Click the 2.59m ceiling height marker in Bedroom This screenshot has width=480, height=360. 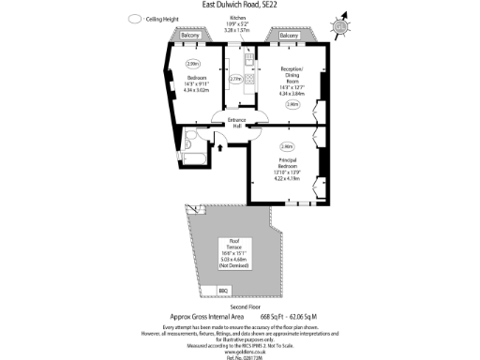pos(192,63)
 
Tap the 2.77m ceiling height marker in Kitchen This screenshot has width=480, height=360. pos(236,80)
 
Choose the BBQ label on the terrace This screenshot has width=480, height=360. pos(223,292)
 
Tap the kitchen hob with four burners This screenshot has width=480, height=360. pos(247,62)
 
